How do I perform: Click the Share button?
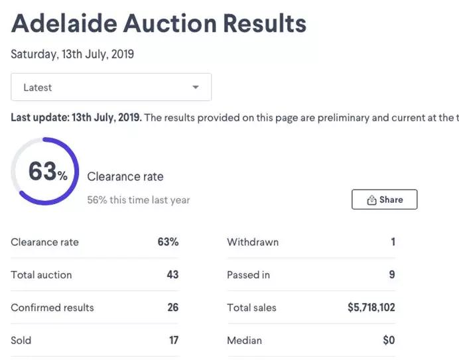tap(384, 200)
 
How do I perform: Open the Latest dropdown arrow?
tap(195, 88)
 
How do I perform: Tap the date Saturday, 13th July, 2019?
tap(72, 54)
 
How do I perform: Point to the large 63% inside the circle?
tap(47, 172)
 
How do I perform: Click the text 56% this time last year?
tap(139, 200)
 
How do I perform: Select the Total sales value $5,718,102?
tap(371, 308)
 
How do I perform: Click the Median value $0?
tap(389, 340)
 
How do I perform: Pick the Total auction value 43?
tap(172, 274)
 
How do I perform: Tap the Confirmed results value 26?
tap(172, 308)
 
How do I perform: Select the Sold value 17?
tap(174, 340)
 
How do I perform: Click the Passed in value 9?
tap(392, 274)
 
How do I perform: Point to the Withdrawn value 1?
tap(393, 242)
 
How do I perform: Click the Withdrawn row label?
tap(253, 242)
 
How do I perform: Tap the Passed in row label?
tap(248, 274)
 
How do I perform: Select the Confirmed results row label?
tap(52, 308)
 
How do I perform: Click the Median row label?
tap(244, 340)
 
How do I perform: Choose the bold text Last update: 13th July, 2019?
tap(76, 118)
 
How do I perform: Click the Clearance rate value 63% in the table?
tap(168, 242)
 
